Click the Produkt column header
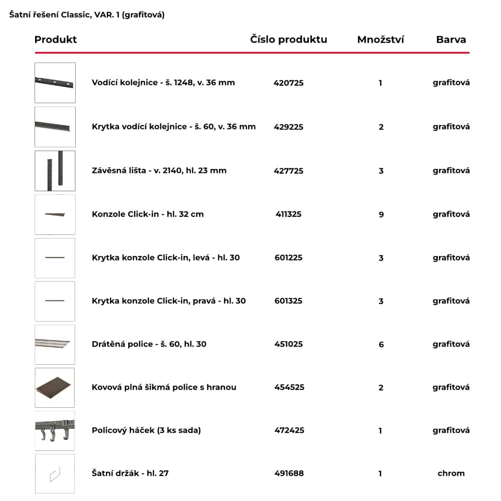pos(56,40)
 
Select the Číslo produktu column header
pos(289,40)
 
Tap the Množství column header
pos(381,40)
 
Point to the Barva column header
pos(451,40)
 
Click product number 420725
pos(289,83)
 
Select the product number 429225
pos(289,127)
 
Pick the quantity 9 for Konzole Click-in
pos(381,214)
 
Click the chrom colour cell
pos(451,473)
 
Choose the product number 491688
pos(289,473)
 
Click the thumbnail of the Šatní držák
pos(55,473)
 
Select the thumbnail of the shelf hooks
pos(55,430)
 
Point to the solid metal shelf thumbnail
pos(55,387)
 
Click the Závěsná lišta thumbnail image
pos(55,171)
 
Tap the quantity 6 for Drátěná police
pos(381,344)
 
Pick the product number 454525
pos(289,387)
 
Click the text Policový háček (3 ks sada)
pos(146,430)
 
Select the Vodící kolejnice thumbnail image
pos(55,83)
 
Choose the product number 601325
pos(289,301)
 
